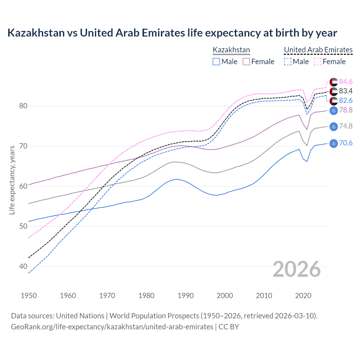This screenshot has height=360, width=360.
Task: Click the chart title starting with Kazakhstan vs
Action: [x=172, y=33]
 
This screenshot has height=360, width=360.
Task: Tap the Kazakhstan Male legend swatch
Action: [x=216, y=62]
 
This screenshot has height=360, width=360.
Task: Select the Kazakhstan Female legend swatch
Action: [x=246, y=62]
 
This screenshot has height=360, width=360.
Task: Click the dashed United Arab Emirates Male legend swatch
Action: [x=287, y=62]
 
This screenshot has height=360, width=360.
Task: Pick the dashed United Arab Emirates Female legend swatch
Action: [x=318, y=62]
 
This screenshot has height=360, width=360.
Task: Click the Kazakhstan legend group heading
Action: [x=231, y=50]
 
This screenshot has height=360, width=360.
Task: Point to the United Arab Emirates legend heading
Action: [x=318, y=50]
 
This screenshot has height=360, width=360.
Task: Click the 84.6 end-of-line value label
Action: [x=346, y=82]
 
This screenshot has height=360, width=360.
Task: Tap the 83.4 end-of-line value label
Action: [x=346, y=91]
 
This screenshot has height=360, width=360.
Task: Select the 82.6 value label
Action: [x=346, y=100]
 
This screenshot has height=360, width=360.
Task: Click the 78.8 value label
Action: [x=346, y=110]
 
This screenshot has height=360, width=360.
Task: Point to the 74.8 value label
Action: [x=346, y=126]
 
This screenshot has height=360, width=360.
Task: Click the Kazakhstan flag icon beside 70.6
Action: [x=334, y=143]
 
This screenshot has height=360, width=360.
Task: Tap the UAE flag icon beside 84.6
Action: [x=334, y=82]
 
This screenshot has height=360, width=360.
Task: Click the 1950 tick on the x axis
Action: [x=29, y=296]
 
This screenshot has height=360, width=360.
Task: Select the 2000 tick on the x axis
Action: [x=225, y=296]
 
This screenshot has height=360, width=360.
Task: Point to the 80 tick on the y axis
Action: [x=23, y=106]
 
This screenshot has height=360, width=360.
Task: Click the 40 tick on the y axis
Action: [x=23, y=266]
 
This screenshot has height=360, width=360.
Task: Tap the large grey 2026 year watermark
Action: [x=297, y=269]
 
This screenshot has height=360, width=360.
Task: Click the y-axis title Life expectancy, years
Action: [x=12, y=180]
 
